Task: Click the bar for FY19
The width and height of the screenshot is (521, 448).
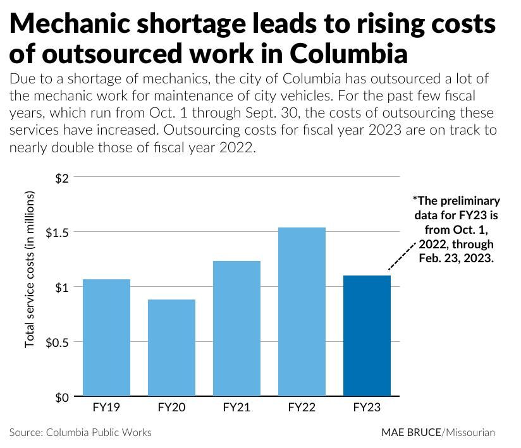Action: (106, 337)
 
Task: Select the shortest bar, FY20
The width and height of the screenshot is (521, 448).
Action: (171, 348)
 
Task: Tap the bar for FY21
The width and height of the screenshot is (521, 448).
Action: (236, 329)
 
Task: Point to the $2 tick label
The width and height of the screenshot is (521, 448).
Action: (61, 178)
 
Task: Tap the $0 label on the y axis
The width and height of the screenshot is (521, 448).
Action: (61, 397)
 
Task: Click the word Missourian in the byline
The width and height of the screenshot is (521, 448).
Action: (470, 433)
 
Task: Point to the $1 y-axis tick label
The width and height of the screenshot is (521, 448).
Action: (61, 288)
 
